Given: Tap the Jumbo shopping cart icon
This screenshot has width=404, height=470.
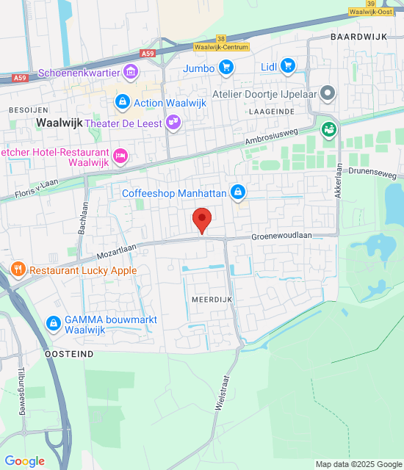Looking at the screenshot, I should click(226, 68).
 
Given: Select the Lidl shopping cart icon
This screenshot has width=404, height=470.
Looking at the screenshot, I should click(287, 67).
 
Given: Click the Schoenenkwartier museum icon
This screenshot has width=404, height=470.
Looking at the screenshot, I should click(131, 72).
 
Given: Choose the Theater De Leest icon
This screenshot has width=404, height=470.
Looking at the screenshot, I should click(173, 123).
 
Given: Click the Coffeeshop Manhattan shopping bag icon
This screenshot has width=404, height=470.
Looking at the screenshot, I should click(237, 192).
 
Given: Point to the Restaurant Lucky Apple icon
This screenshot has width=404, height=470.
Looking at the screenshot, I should click(18, 270).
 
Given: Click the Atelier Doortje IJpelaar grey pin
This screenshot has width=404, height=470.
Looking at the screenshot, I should click(328, 94).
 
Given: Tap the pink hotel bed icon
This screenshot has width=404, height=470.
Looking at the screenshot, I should click(121, 156).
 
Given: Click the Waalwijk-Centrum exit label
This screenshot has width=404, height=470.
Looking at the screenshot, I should click(220, 46).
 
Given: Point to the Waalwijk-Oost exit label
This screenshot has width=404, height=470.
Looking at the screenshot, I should click(372, 11).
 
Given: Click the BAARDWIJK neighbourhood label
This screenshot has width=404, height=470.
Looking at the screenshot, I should click(357, 36).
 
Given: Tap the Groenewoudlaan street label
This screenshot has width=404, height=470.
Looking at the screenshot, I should click(282, 236).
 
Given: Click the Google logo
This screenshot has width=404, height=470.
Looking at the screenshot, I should click(24, 461).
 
